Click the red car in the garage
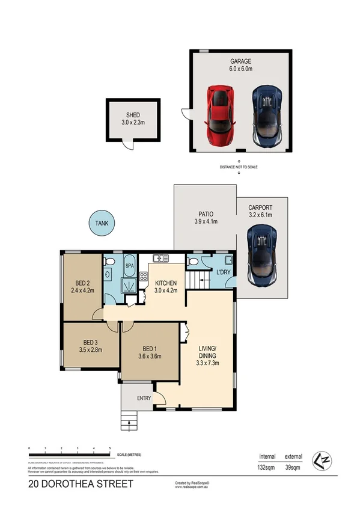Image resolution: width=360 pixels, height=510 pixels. (x=220, y=117)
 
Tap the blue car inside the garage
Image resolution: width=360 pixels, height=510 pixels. (x=267, y=117)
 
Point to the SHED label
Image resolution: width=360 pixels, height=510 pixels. (x=133, y=115)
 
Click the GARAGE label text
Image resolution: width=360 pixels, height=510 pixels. (x=240, y=61)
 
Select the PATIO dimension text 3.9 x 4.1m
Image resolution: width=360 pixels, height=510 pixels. (x=206, y=222)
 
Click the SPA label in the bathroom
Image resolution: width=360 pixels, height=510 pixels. (x=130, y=265)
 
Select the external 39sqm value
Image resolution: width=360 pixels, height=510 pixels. (x=293, y=467)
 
